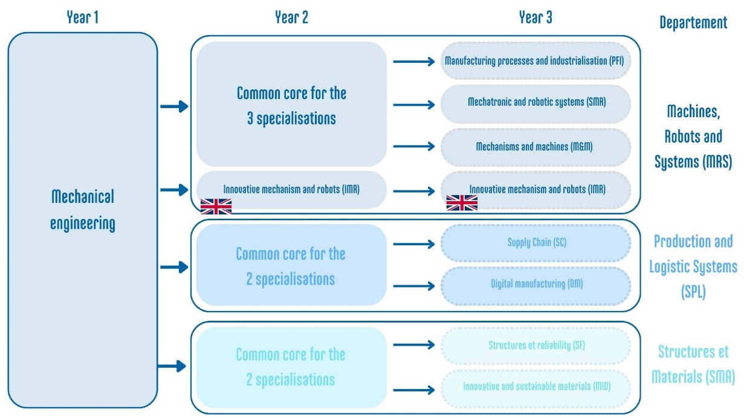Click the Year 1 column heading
82,18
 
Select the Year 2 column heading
291,18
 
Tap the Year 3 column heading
535,18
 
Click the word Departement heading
693,23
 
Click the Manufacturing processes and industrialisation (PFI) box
535,61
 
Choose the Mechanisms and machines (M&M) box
535,147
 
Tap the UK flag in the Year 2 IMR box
216,207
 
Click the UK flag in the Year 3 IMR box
462,203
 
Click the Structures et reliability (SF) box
535,346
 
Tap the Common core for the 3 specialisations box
291,104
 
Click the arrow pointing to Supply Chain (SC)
414,244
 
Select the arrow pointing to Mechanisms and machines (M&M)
414,147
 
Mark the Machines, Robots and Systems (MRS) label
693,136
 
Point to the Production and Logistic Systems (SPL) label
693,266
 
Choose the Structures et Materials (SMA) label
693,364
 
